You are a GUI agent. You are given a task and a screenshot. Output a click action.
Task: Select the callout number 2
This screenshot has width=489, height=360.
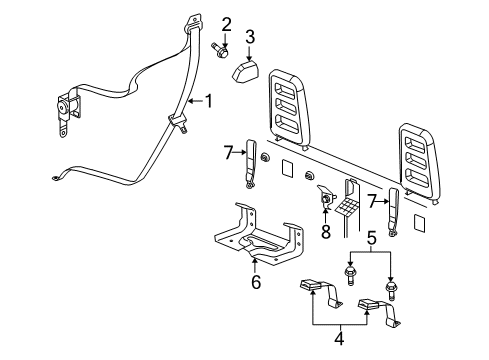227,24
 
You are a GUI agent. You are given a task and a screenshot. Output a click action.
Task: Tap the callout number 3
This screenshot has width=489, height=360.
251,38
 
